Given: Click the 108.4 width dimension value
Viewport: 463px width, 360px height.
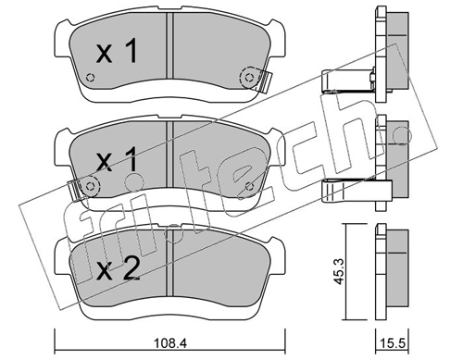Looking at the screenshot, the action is [169, 342].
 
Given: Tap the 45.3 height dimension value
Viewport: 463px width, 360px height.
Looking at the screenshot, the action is [339, 272].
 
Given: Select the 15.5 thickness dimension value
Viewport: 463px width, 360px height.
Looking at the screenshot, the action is [392, 342].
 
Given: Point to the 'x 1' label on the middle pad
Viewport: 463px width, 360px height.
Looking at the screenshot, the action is [117, 159].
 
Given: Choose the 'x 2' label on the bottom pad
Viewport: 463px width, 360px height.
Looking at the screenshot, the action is [118, 269].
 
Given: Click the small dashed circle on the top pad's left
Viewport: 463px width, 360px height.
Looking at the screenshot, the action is [90, 77].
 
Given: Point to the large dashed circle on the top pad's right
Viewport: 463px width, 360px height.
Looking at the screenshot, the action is [250, 78].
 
